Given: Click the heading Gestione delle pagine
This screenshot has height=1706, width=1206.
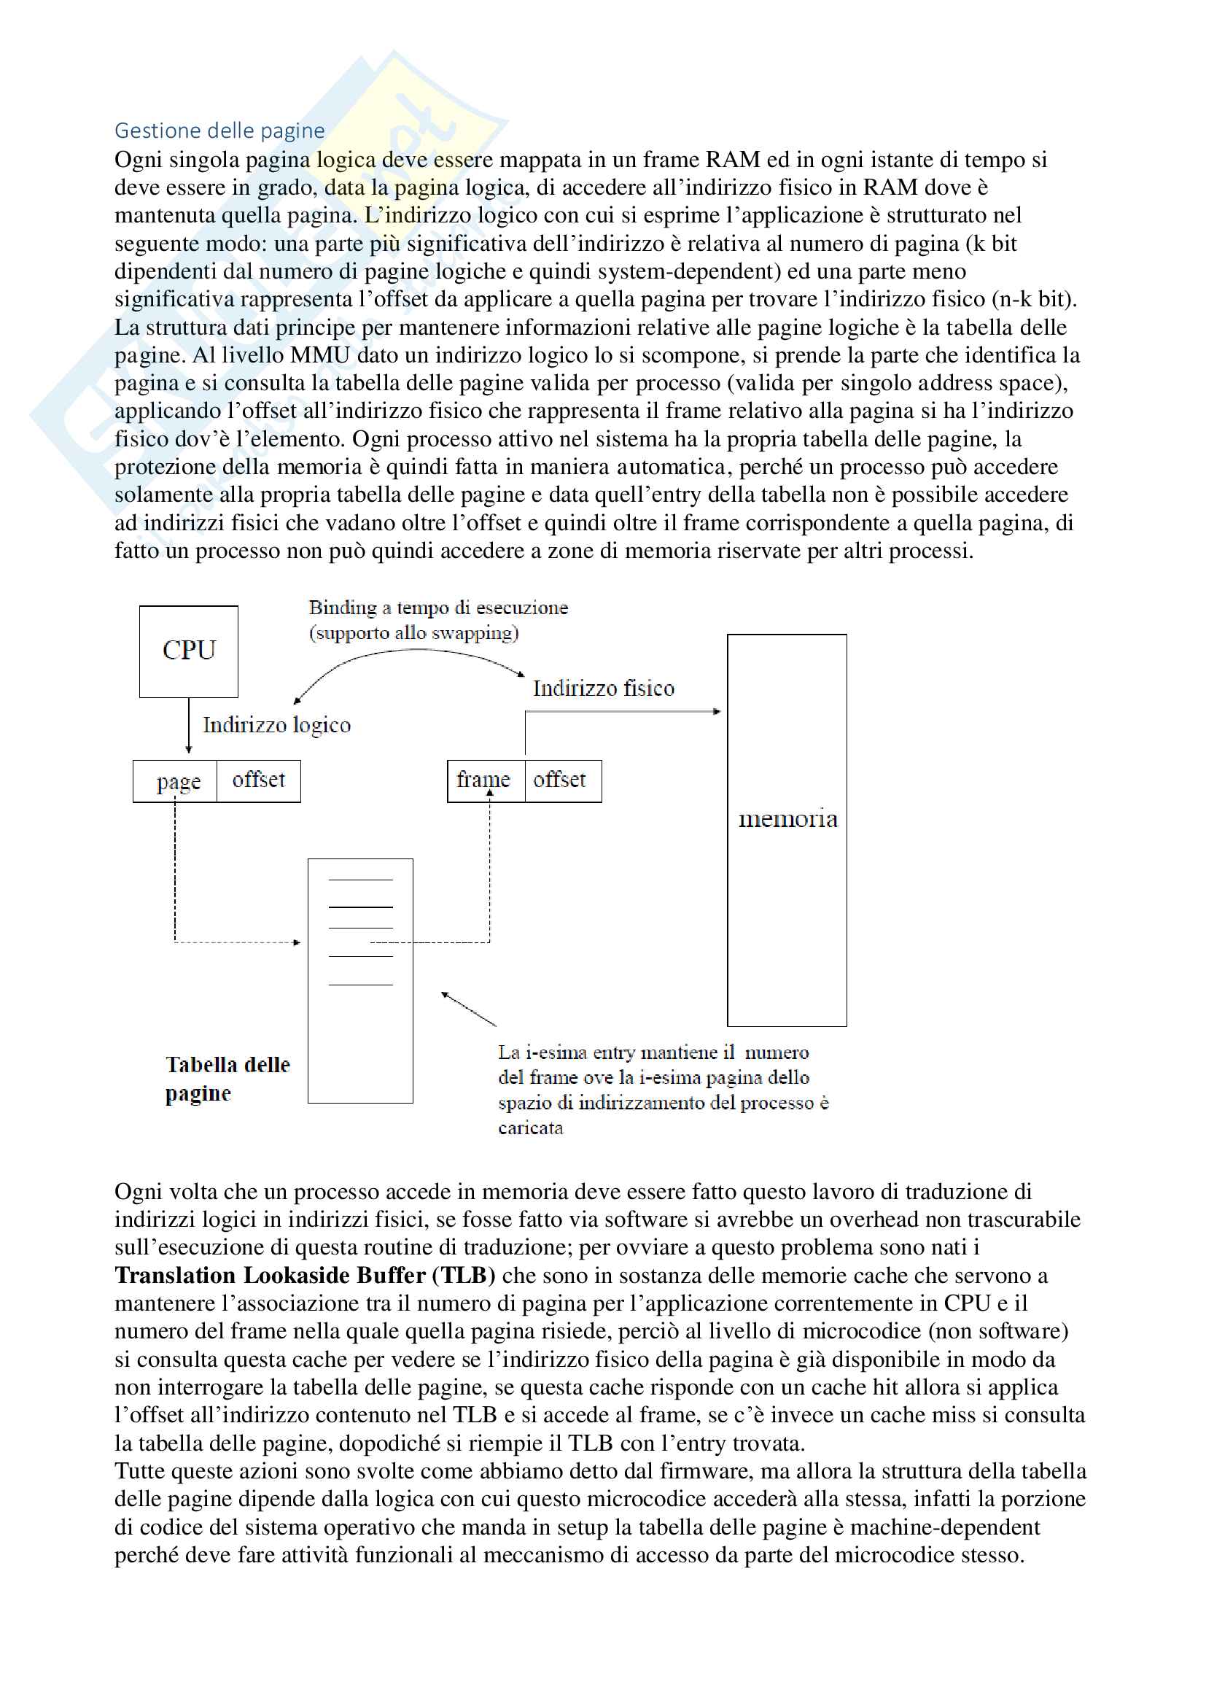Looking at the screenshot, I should (219, 131).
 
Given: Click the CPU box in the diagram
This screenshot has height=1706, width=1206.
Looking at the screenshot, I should (189, 651).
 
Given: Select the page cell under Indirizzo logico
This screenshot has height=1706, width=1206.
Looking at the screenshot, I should (176, 781).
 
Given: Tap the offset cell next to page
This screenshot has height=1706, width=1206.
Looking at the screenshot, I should (258, 780).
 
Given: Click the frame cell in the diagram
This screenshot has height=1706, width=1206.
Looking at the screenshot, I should (484, 780).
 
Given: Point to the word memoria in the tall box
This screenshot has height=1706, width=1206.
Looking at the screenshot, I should (787, 819).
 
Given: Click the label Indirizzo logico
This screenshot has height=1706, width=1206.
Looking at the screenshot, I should (276, 725).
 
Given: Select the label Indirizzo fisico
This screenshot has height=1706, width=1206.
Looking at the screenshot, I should (603, 688).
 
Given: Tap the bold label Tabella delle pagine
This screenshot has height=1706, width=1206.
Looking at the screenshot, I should (227, 1078).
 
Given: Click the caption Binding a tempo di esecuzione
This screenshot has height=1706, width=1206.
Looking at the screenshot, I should (438, 608).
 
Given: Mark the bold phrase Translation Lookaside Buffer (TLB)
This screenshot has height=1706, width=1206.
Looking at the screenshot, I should (305, 1275).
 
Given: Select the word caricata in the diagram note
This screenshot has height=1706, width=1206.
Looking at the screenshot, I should (530, 1128).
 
